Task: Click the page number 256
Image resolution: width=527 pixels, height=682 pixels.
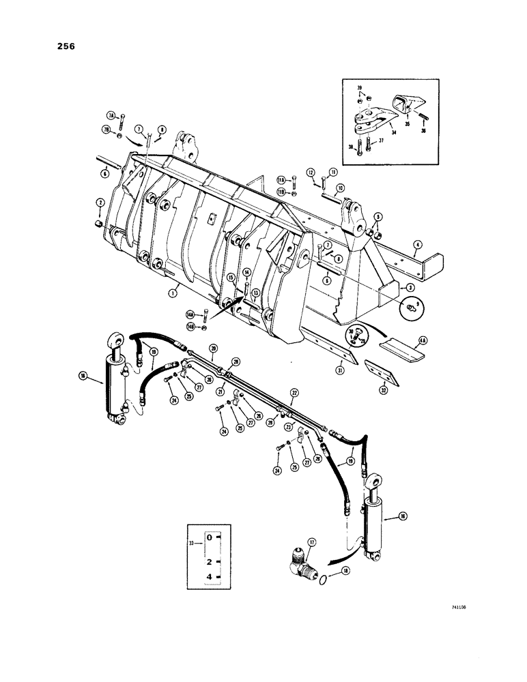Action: tap(66, 47)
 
